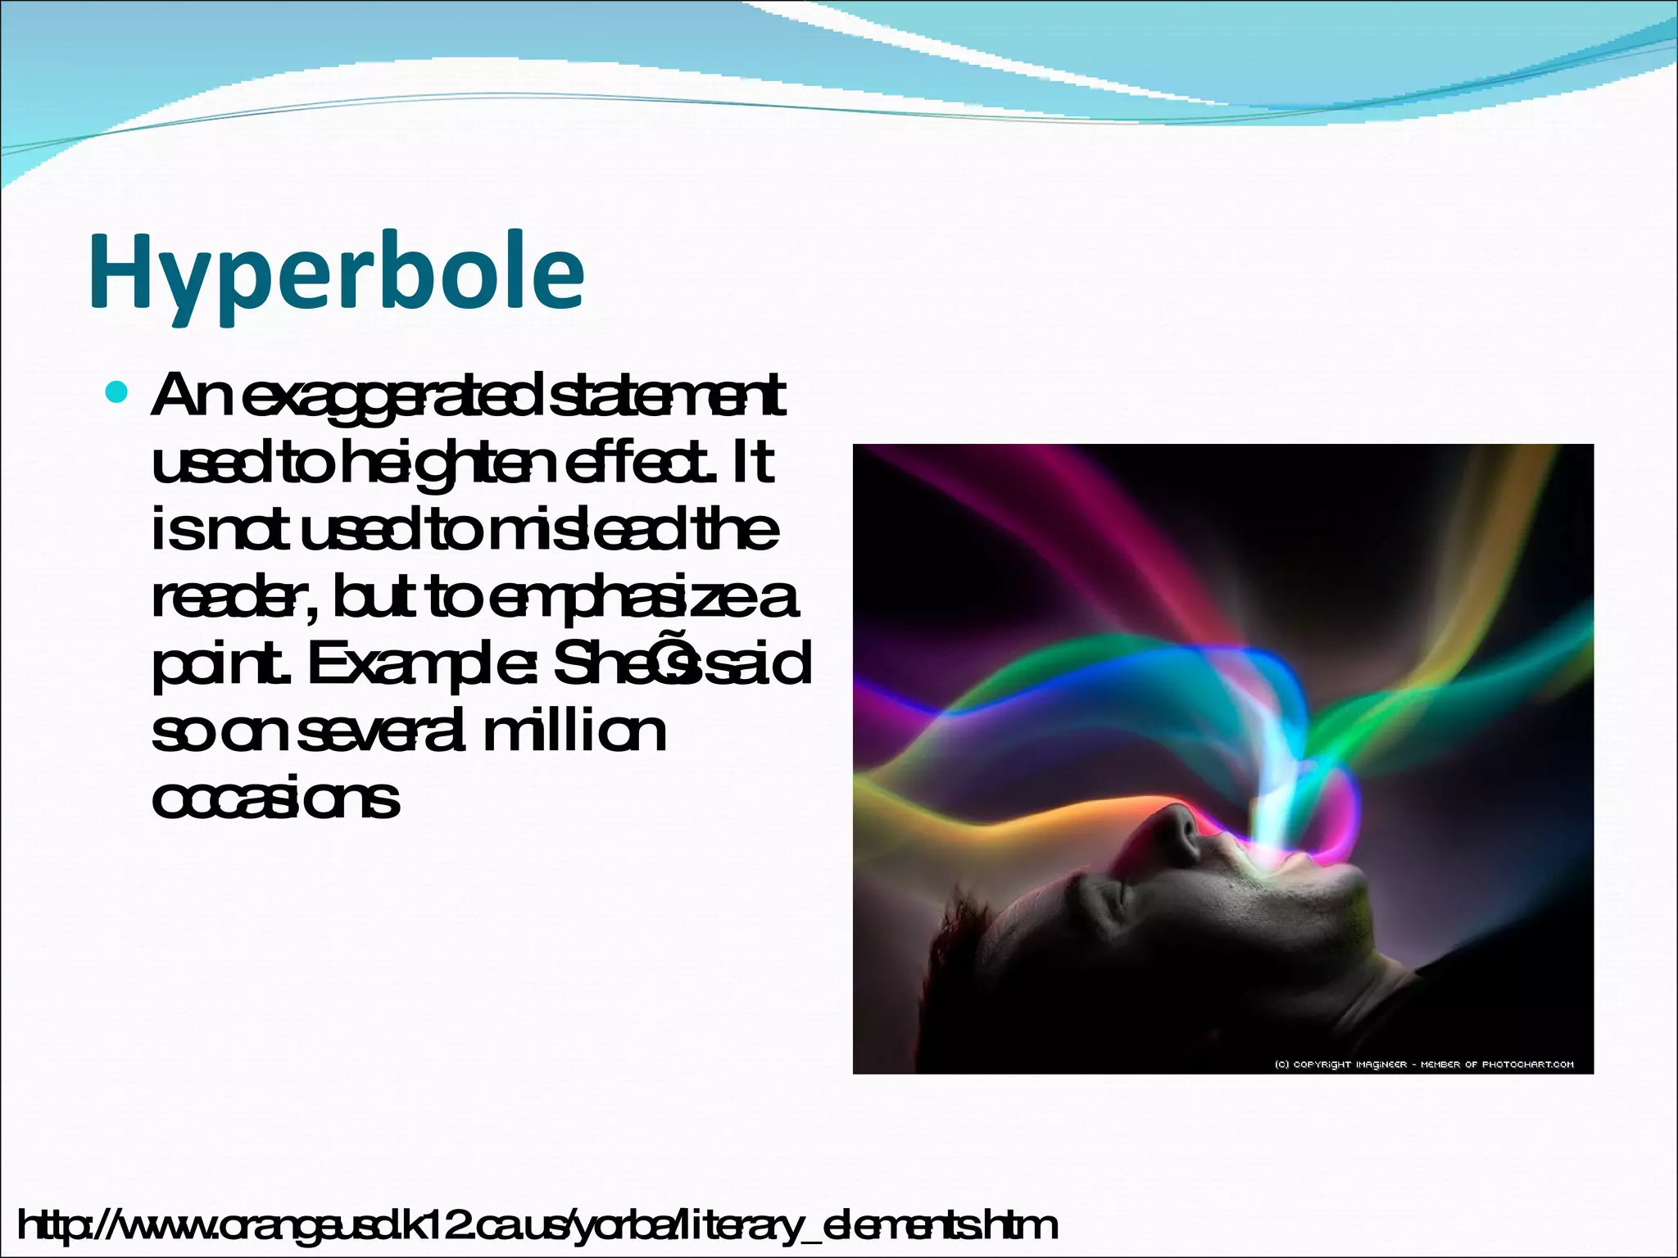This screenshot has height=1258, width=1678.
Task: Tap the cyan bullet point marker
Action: tap(118, 394)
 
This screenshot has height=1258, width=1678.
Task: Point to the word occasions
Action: tap(276, 798)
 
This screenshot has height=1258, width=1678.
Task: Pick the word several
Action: tap(382, 732)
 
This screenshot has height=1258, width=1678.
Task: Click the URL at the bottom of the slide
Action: tap(537, 1226)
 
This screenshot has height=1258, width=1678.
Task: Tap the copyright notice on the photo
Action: tap(1424, 1065)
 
